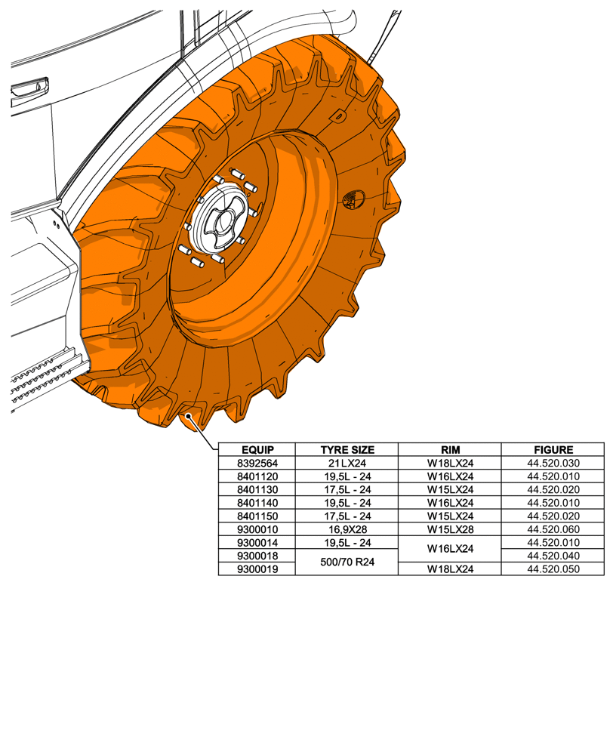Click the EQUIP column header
256,449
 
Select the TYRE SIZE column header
347,449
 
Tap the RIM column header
450,449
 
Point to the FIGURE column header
553,449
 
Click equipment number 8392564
256,463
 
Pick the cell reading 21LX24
347,463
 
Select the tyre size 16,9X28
347,529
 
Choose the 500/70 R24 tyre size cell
347,562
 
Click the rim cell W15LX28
450,529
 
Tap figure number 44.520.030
553,463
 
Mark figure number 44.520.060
553,529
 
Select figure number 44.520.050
553,569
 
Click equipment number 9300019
256,569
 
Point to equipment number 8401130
256,489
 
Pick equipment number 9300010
256,529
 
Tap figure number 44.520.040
553,556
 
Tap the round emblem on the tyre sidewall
353,199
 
